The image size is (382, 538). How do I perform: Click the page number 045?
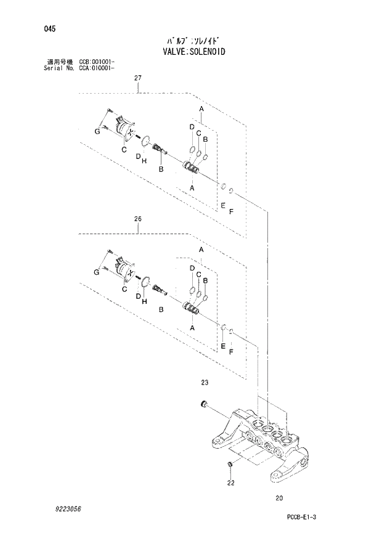coord(44,28)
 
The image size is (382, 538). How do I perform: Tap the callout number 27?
coord(138,78)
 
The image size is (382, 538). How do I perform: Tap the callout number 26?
coord(138,219)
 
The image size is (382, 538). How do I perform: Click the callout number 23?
coord(205,383)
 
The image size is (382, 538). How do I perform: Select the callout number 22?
coord(230,483)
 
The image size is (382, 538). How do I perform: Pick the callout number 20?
coord(279,499)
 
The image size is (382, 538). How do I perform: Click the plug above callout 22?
coord(230,464)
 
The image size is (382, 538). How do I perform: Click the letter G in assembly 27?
coord(97,132)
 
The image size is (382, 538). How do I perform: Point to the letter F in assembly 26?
coord(230,352)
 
